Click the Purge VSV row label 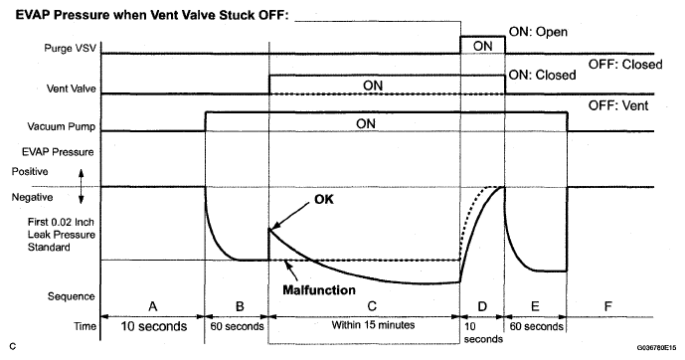[70, 48]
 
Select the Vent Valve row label [72, 89]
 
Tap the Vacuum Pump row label [62, 126]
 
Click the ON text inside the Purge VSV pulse [482, 46]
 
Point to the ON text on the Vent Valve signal [373, 86]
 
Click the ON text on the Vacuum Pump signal [366, 123]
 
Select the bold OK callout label [324, 199]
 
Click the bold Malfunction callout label [319, 290]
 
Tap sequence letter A [152, 306]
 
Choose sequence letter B [240, 306]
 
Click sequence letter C [372, 306]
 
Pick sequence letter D [482, 306]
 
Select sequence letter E [535, 306]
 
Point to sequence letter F [607, 306]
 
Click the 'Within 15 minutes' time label [373, 325]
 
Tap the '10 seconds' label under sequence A [154, 326]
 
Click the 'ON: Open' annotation [538, 32]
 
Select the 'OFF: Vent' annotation [618, 105]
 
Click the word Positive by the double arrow [30, 171]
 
